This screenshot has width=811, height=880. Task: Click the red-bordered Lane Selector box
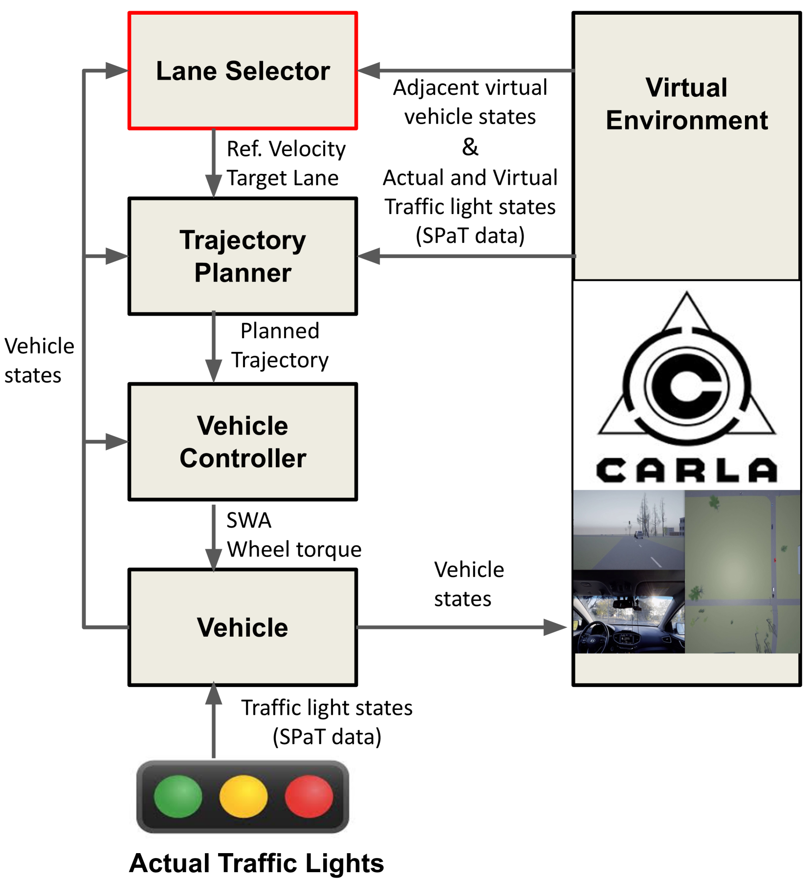[x=242, y=71]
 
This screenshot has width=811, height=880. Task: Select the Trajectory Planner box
[x=242, y=256]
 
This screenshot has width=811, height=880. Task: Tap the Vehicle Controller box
[x=242, y=442]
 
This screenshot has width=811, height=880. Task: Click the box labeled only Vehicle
[x=242, y=627]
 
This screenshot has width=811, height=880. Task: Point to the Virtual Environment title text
[x=686, y=104]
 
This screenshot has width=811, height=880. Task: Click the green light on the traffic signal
[x=178, y=796]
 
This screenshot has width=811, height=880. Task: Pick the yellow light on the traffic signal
[x=243, y=796]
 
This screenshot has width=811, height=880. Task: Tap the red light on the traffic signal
[x=309, y=796]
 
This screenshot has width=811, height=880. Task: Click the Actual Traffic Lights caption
[x=256, y=863]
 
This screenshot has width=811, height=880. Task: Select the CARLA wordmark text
[x=686, y=470]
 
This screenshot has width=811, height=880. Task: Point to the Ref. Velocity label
[x=286, y=149]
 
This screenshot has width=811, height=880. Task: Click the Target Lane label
[x=283, y=178]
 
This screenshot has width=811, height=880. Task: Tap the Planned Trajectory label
[x=280, y=345]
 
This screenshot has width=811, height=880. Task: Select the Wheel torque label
[x=294, y=550]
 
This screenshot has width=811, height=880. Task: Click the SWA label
[x=248, y=520]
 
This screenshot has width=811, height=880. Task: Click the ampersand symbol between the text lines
[x=470, y=147]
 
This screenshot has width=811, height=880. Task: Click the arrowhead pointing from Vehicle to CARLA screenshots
[x=555, y=627]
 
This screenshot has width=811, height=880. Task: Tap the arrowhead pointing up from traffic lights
[x=214, y=694]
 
